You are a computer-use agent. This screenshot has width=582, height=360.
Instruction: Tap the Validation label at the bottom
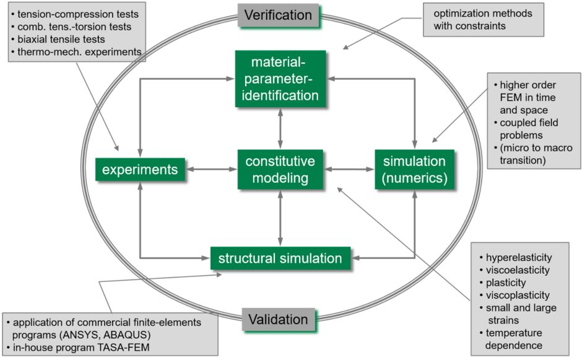278,320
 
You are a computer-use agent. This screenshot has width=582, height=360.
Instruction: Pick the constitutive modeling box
280,170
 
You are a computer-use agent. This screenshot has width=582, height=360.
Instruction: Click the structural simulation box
280,258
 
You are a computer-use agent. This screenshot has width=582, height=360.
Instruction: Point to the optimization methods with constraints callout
483,19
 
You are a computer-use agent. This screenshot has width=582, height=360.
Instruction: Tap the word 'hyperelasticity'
519,257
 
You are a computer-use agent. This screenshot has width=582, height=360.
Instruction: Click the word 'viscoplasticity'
518,295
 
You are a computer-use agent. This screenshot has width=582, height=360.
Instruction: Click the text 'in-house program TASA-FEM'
81,348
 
